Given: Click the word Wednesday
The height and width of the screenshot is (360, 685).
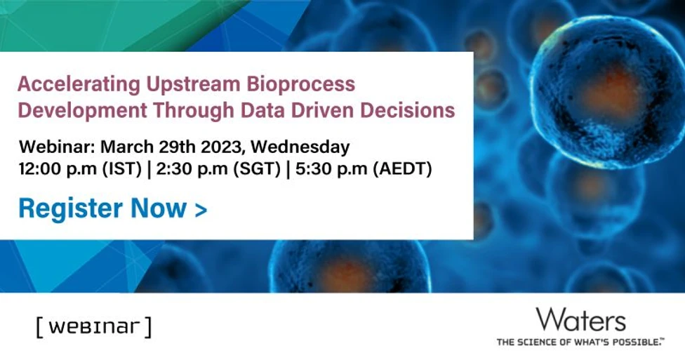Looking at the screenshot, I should (300, 147).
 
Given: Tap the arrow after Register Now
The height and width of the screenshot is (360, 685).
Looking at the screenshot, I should (201, 209).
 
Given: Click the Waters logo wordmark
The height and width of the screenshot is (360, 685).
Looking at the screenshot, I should (580, 321).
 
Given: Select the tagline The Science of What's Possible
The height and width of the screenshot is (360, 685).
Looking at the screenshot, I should (580, 342).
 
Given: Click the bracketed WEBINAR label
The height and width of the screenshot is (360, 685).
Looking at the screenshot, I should (93, 326).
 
